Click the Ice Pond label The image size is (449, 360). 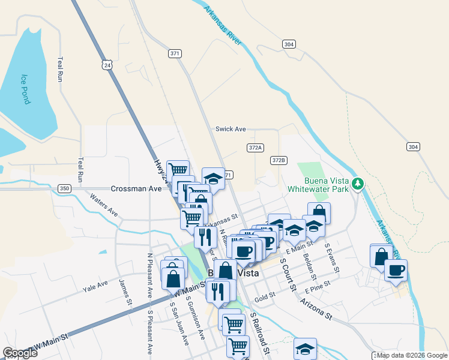point(25,89)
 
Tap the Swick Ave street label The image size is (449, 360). point(231,129)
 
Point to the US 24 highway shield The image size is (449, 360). point(107,64)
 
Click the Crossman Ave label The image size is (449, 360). point(139,188)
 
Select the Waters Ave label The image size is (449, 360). point(104,203)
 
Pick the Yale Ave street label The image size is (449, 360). point(95,286)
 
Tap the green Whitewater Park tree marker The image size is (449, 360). point(358,183)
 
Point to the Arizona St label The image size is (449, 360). point(316,308)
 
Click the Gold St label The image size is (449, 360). point(264,295)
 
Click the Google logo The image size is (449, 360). point(20,352)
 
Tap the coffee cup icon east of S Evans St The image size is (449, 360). point(396,270)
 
